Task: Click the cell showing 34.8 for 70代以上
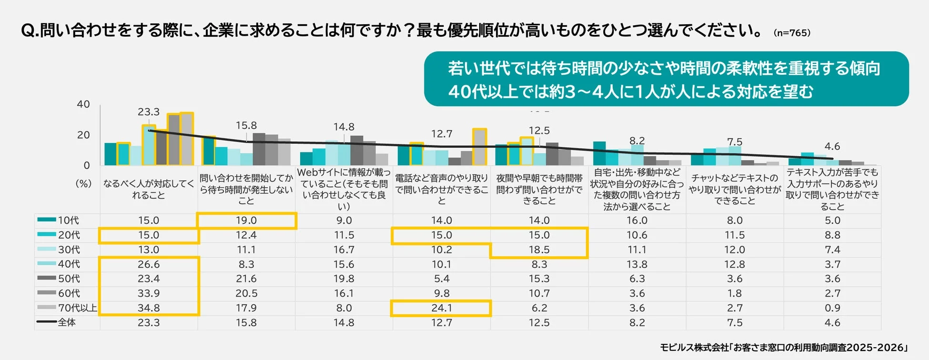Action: pos(149,308)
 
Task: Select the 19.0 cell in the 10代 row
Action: pos(246,220)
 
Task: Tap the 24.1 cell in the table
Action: pos(441,308)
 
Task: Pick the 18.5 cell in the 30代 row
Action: pos(539,250)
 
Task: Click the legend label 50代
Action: pos(69,279)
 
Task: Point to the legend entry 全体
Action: pos(67,322)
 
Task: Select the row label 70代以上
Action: pos(77,308)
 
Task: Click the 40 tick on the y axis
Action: pos(83,104)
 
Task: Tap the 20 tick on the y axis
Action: pos(83,135)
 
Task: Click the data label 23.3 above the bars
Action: pos(149,112)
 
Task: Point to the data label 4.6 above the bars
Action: pos(832,146)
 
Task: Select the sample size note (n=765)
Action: pos(792,33)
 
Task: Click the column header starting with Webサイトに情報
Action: pos(344,189)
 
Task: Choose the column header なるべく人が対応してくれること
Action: pos(149,189)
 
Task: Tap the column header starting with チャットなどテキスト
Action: pos(735,189)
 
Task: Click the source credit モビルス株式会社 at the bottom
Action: pos(784,348)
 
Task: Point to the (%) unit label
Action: pos(84,183)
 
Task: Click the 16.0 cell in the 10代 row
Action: pos(637,220)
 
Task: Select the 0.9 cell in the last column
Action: pos(832,308)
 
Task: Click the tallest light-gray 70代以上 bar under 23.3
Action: pos(187,139)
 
